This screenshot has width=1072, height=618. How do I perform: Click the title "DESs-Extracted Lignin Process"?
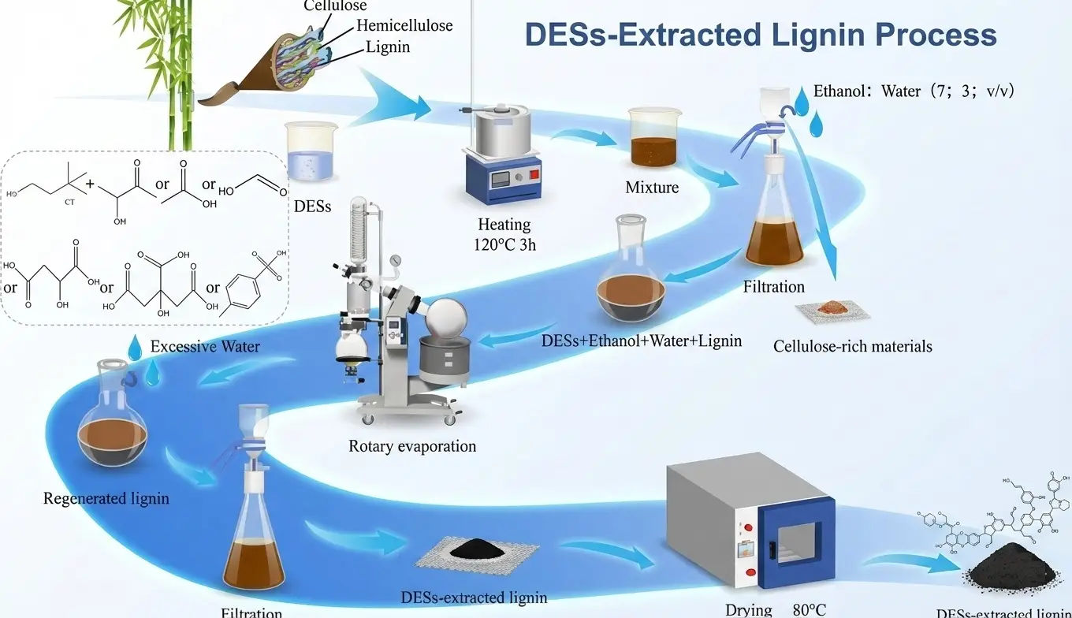tap(761, 35)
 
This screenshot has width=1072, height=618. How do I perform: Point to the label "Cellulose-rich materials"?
tap(852, 346)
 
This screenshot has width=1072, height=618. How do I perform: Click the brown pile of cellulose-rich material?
tap(832, 307)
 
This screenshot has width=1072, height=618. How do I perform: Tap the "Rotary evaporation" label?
tap(412, 446)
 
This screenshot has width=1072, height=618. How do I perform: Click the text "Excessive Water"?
tap(206, 347)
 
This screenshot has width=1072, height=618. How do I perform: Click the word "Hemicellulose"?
tap(404, 25)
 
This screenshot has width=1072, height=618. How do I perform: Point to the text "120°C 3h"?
tap(504, 244)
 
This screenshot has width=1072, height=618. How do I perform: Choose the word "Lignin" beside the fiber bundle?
tap(388, 47)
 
